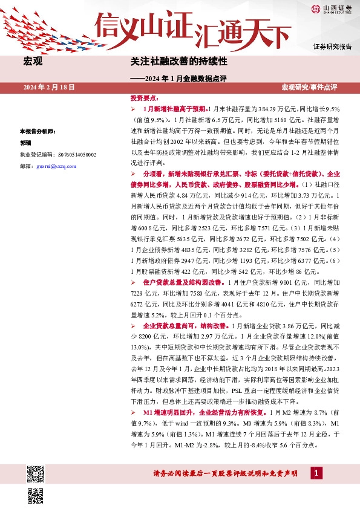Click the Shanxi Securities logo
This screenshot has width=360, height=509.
click(x=332, y=8)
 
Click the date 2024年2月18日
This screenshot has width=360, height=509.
click(x=50, y=88)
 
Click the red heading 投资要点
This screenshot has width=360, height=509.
click(x=144, y=98)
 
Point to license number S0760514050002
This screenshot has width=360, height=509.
click(x=57, y=155)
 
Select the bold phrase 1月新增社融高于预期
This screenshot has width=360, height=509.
click(x=175, y=109)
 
